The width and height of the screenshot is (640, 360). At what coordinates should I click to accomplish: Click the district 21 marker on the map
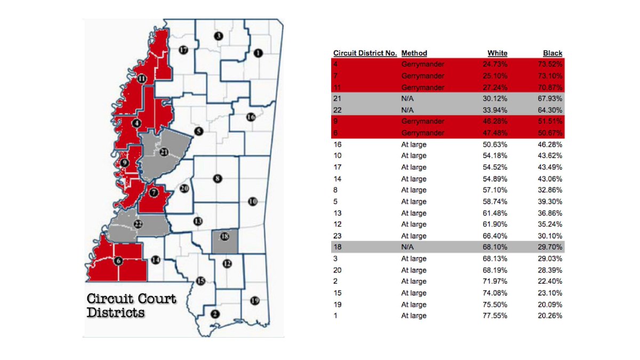click(164, 152)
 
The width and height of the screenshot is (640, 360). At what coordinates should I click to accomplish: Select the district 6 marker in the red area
click(118, 261)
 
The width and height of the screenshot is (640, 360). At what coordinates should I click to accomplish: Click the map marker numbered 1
click(259, 52)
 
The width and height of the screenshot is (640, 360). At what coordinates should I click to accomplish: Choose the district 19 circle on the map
click(254, 301)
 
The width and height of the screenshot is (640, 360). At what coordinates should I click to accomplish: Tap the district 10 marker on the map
click(253, 201)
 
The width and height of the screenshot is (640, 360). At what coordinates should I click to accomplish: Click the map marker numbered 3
click(218, 36)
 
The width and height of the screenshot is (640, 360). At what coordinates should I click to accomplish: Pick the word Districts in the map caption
click(116, 313)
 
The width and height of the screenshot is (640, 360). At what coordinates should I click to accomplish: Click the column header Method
click(414, 53)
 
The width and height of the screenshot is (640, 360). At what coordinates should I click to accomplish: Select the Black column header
click(553, 53)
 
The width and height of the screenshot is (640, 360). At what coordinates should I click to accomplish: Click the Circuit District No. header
click(365, 53)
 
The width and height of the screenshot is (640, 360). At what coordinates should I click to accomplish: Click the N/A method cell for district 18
click(407, 247)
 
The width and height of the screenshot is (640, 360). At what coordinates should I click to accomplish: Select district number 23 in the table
click(337, 236)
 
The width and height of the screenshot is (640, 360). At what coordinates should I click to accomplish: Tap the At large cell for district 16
click(414, 145)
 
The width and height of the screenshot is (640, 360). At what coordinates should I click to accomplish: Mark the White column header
click(497, 53)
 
